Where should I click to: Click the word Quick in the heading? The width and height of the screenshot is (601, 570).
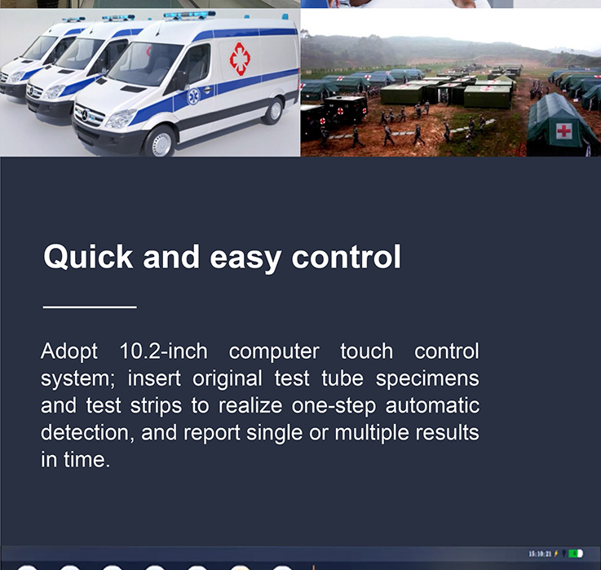coord(88,258)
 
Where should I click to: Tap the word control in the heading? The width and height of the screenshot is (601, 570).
coord(346,257)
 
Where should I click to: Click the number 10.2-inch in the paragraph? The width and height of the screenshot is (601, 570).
coord(164,351)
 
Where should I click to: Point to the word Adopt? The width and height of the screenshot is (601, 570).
coord(69,351)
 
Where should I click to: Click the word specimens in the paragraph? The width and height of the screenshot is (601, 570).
coord(427,379)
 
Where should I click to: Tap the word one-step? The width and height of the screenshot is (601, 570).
coord(334,406)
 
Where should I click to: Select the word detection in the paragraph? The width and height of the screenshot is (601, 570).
coord(87,433)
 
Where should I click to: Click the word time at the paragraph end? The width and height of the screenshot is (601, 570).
coord(86,460)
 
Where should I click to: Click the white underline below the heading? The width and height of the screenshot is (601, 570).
coord(90,307)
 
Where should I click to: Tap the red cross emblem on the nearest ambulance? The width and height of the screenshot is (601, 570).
coord(240,59)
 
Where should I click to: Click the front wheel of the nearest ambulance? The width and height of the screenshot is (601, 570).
coord(161,143)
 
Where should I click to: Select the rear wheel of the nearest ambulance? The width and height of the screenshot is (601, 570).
coord(274,111)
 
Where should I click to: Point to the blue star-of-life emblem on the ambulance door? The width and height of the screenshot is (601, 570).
coord(193,96)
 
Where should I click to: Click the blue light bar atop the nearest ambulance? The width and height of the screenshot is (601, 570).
coord(189,15)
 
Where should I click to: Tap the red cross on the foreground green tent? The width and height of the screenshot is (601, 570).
coord(563,131)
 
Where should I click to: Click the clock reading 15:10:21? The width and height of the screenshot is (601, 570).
coord(540,554)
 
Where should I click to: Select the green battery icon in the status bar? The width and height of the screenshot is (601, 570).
coord(576,554)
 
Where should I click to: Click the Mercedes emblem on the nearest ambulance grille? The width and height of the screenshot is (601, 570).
coord(85,115)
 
